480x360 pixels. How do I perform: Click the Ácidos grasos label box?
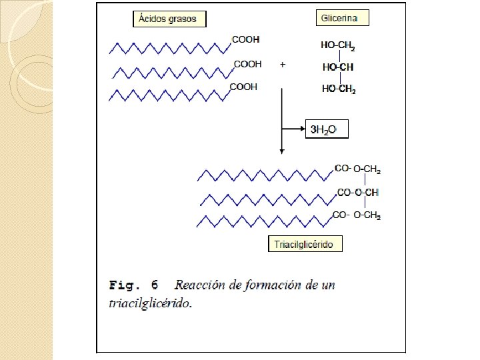click(170, 19)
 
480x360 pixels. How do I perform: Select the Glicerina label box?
click(343, 18)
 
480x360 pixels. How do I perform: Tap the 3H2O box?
click(327, 129)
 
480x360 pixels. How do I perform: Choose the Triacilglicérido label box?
click(305, 244)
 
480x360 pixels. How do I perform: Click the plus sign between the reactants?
click(283, 65)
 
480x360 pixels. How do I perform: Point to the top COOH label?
click(246, 40)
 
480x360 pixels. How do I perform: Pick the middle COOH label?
click(247, 65)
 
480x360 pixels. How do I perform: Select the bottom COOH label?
click(243, 87)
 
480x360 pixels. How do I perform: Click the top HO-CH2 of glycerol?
click(338, 46)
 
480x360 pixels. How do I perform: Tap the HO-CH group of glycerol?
click(338, 67)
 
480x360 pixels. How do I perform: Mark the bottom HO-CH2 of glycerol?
click(338, 89)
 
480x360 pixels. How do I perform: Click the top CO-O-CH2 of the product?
click(357, 170)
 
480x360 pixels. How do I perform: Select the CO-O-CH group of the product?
click(357, 193)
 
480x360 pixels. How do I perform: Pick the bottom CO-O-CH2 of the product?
click(357, 215)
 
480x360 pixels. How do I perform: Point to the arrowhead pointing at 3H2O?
click(301, 127)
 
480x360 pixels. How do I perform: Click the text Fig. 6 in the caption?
click(133, 286)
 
